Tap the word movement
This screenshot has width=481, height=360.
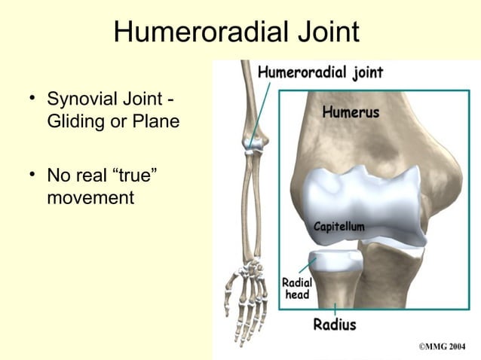point(90,198)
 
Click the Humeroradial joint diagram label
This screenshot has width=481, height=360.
point(320,72)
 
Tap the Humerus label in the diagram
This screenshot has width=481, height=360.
point(351,113)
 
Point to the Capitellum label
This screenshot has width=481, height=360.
point(339,226)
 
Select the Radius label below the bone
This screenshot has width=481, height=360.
point(335,325)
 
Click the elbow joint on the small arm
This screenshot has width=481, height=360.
point(254,143)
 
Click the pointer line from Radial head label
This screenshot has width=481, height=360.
point(307,266)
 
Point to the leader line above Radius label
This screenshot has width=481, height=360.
point(335,309)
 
